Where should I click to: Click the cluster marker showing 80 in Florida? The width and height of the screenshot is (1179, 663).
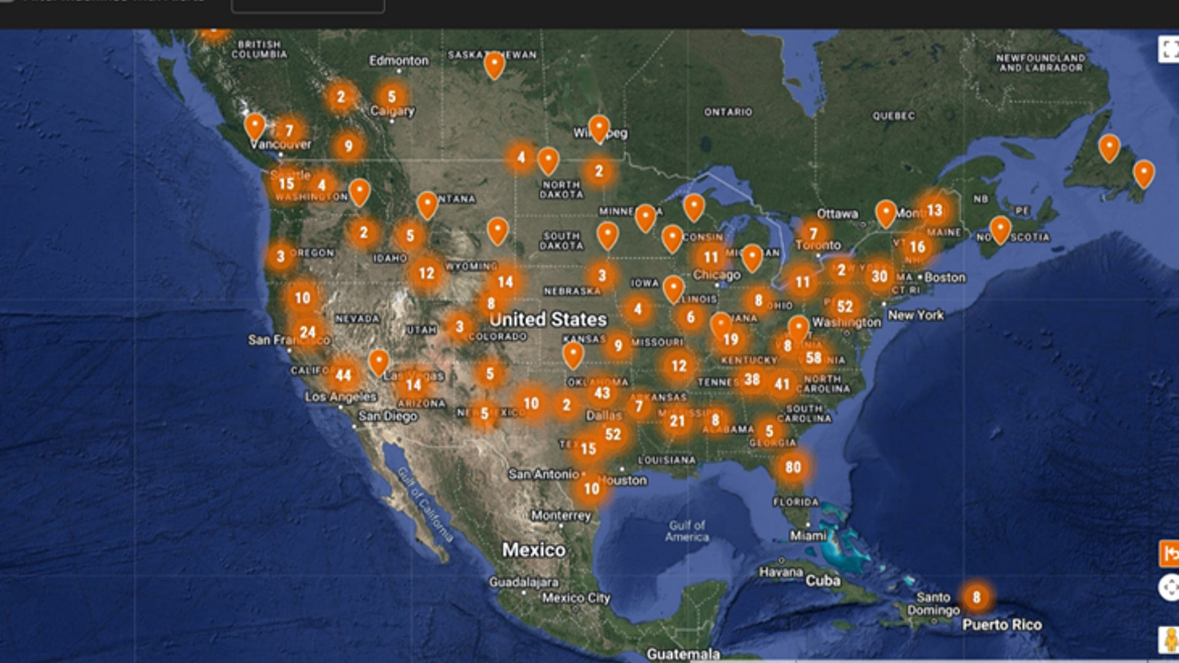point(793,468)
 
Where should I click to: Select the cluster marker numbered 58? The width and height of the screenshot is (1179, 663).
point(814,358)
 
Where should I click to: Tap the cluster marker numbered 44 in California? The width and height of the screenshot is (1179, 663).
point(343,376)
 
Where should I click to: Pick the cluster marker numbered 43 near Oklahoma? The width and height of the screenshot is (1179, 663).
point(602,394)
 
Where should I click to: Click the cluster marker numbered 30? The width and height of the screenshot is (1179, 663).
point(879,277)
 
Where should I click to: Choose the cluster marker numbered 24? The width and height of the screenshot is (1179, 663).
point(308,333)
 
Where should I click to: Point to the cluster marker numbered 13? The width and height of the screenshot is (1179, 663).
point(934,211)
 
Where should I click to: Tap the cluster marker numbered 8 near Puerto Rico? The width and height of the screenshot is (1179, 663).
point(976,597)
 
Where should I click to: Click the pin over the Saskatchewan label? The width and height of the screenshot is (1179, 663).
point(494,65)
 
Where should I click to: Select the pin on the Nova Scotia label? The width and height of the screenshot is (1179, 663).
point(1000,230)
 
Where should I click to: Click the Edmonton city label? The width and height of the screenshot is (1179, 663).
point(399,61)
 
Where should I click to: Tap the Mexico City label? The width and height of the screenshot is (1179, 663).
point(576,598)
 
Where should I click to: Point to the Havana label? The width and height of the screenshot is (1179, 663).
point(781,572)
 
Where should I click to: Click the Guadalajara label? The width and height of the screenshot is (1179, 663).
point(524,582)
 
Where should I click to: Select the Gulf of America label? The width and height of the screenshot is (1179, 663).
point(687,531)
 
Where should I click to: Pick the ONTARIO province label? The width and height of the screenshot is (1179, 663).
point(728,112)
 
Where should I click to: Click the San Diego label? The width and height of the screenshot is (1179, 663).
point(387,416)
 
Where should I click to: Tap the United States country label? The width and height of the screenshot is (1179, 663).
point(548,319)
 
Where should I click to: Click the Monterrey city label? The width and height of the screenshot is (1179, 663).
point(561,516)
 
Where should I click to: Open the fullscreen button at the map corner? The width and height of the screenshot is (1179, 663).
point(1169,49)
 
